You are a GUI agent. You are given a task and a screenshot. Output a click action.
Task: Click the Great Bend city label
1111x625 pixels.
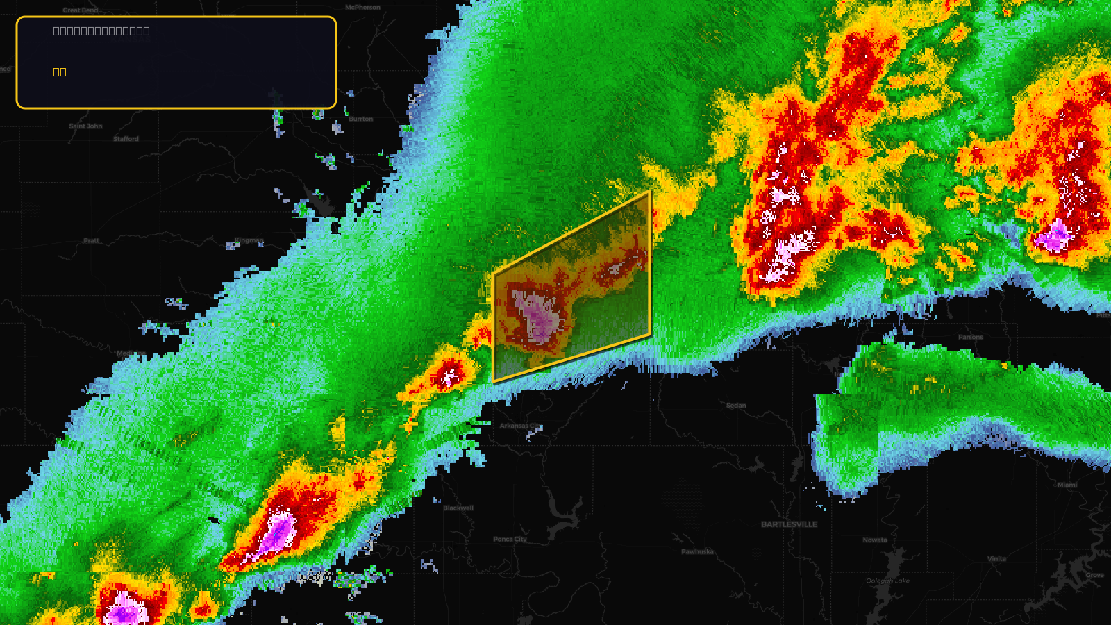click(81, 10)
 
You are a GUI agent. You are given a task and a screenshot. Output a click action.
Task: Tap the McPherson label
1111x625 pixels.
click(362, 8)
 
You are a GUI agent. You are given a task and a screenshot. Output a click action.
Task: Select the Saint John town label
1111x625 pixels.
click(85, 126)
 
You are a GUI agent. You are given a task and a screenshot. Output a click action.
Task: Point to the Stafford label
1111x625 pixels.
click(126, 139)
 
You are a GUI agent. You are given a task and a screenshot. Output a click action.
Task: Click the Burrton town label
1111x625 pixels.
click(360, 119)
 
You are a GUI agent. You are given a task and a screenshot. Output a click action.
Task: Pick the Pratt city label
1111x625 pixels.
click(92, 241)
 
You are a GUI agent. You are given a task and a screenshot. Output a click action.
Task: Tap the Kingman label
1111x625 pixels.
click(249, 241)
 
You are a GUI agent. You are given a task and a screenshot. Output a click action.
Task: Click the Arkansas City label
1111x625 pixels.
click(519, 426)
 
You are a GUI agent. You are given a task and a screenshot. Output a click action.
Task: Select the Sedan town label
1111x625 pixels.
click(736, 406)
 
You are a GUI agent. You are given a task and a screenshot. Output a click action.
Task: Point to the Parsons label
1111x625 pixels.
click(970, 337)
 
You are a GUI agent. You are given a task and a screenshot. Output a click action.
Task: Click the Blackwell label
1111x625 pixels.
click(458, 508)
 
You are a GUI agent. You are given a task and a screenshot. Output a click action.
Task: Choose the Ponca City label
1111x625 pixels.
click(510, 540)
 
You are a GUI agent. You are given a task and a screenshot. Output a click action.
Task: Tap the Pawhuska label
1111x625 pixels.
click(697, 552)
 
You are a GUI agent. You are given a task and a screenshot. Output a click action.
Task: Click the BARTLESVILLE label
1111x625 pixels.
click(789, 524)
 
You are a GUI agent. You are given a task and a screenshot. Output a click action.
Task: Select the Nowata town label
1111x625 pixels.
click(875, 540)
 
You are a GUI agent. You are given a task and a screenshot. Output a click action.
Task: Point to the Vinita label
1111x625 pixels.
click(996, 559)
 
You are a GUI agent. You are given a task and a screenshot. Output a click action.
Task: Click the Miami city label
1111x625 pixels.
click(1067, 485)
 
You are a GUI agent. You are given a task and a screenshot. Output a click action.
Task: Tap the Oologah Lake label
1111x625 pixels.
click(887, 581)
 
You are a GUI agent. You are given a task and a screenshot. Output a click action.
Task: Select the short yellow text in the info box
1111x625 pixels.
click(60, 72)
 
